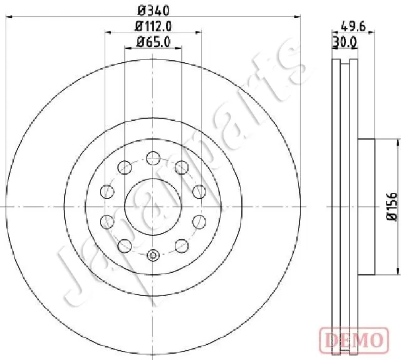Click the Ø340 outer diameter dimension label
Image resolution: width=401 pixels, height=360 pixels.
[x=154, y=11]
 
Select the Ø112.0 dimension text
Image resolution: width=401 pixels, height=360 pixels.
[x=154, y=26]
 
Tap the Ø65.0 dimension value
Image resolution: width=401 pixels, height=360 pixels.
[x=154, y=42]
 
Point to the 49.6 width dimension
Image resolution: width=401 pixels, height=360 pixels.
[x=353, y=26]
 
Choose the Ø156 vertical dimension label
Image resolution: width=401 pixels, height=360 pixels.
[x=391, y=207]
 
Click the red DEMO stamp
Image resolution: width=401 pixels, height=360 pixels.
[x=354, y=340]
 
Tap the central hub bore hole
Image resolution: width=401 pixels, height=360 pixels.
[x=153, y=207]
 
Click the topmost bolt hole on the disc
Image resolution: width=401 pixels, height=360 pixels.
[x=153, y=158]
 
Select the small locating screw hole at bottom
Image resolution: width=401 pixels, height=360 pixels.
[x=153, y=255]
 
